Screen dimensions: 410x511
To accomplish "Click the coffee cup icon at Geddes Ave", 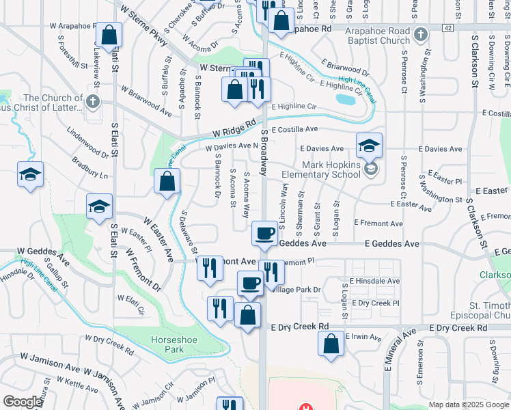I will point(264,234).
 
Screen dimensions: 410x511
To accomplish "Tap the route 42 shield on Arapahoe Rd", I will point(447,28).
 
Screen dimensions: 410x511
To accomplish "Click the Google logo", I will point(23,402).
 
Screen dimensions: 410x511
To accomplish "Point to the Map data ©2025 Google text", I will point(468,405).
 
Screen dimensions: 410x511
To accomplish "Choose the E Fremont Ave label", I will point(378,223).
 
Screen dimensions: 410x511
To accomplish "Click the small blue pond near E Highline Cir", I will point(345,100).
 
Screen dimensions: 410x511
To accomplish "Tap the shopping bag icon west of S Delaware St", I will point(167,183).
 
